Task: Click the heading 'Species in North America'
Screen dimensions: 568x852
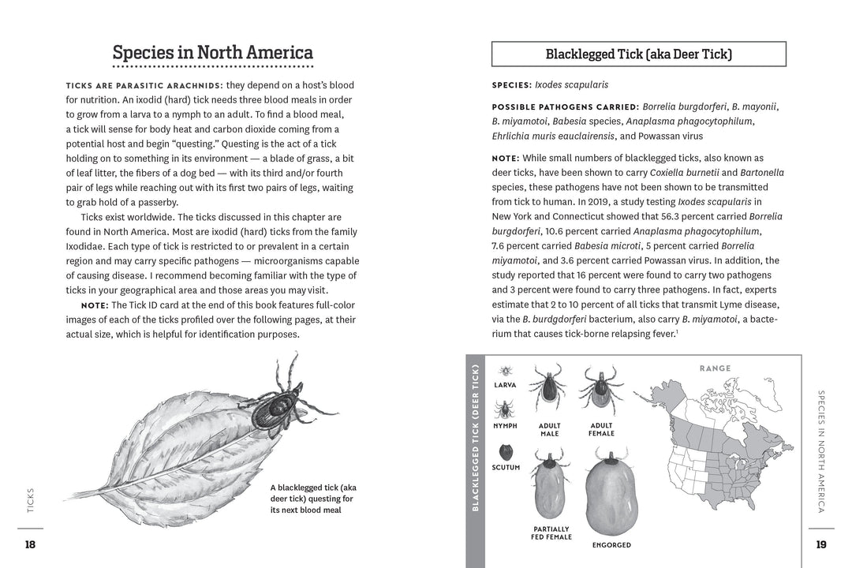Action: pyautogui.click(x=213, y=53)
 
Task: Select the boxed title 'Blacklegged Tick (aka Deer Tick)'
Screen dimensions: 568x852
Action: pyautogui.click(x=638, y=54)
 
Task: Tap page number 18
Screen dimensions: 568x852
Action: pyautogui.click(x=30, y=544)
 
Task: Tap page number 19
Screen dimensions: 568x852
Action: pyautogui.click(x=820, y=544)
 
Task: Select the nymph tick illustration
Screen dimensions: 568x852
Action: pyautogui.click(x=505, y=409)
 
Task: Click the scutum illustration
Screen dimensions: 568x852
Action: pyautogui.click(x=506, y=451)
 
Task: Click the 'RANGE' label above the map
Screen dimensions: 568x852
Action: pyautogui.click(x=715, y=368)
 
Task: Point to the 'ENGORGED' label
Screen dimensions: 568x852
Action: pyautogui.click(x=611, y=545)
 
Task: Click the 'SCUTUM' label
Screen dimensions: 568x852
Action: pyautogui.click(x=506, y=468)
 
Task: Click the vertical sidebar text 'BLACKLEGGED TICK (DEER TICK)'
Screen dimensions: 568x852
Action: pyautogui.click(x=475, y=438)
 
